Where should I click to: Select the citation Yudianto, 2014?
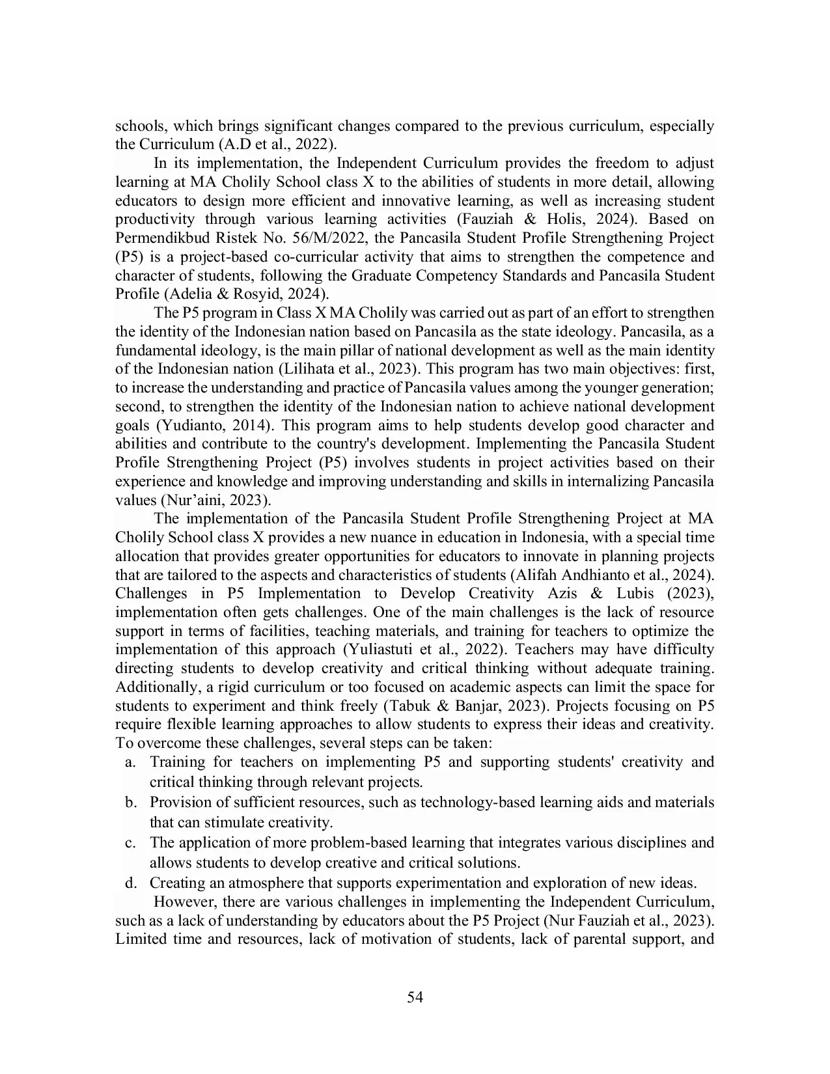214,426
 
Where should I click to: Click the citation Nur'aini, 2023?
215,501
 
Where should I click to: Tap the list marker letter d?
130,884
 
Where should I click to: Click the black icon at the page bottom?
415,997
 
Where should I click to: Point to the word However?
185,902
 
